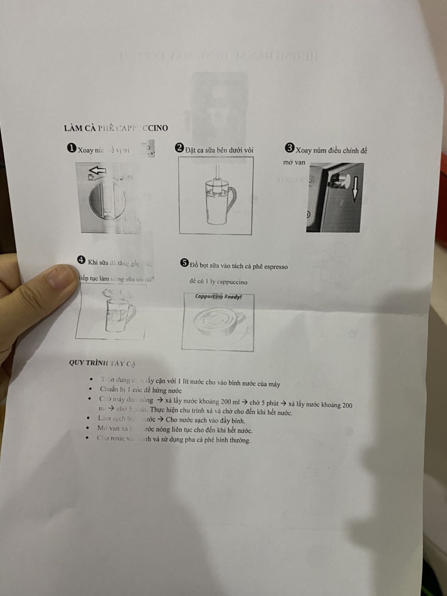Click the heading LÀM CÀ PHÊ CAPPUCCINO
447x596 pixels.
(x=116, y=128)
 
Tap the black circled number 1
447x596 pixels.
(x=72, y=149)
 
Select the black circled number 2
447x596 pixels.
(x=179, y=148)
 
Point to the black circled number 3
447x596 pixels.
(x=290, y=148)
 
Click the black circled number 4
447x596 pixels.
(x=81, y=260)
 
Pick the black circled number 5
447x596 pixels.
(x=184, y=263)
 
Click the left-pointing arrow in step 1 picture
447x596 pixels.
(x=97, y=171)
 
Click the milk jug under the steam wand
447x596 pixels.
(x=219, y=203)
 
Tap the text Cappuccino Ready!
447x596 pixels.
(x=218, y=296)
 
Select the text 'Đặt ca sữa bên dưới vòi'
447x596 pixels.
(x=219, y=150)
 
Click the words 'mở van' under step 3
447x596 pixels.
(x=294, y=162)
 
